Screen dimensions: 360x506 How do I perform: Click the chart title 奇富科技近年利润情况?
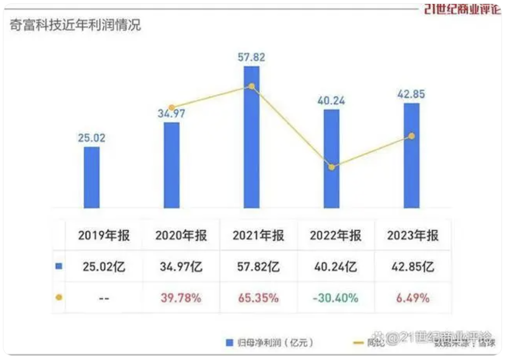(75, 25)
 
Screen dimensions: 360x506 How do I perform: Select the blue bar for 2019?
(92, 177)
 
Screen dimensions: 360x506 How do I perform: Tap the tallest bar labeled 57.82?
(252, 137)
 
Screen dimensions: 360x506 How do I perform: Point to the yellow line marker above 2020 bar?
(172, 107)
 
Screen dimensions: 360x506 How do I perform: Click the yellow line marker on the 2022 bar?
(331, 167)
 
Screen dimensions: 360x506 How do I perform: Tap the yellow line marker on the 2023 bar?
(411, 136)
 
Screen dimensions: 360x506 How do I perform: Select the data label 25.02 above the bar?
(92, 138)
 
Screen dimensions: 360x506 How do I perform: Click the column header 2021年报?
(258, 235)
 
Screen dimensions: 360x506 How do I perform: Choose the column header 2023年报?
(413, 235)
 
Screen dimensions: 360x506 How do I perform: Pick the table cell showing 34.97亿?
(181, 266)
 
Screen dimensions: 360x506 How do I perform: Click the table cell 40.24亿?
(336, 266)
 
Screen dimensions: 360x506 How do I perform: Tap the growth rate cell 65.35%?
(258, 298)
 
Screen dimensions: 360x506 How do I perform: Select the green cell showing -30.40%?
(336, 298)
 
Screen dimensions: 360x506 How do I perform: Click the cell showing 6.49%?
(413, 298)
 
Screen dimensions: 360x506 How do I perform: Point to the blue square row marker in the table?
(59, 266)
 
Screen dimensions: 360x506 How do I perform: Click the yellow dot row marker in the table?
(59, 297)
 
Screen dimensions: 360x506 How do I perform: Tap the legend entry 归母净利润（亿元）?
(270, 343)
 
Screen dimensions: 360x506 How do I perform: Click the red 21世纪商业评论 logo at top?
(462, 9)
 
